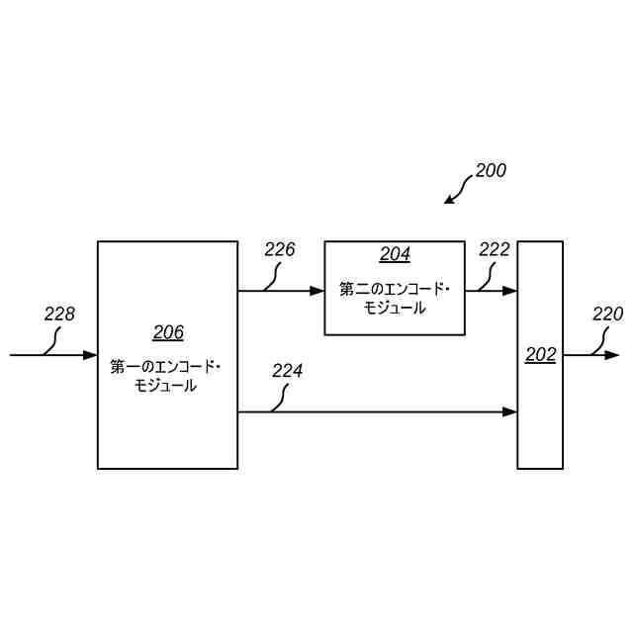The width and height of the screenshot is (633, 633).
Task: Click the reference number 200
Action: [491, 170]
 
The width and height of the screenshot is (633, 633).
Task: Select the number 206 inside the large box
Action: [168, 332]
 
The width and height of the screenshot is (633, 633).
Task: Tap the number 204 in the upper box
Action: [395, 255]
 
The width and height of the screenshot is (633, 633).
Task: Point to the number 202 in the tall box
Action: [540, 355]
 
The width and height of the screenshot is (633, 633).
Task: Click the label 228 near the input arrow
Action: [59, 315]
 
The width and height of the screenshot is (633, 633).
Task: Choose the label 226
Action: [280, 249]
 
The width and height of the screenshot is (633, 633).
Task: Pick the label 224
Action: [287, 371]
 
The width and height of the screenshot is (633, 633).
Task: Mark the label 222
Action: [494, 249]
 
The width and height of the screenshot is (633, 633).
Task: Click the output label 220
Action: [607, 315]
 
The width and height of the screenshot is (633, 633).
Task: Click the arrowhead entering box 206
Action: [90, 355]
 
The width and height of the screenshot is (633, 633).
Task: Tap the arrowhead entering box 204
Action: [317, 291]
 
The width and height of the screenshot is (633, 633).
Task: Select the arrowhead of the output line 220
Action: [612, 355]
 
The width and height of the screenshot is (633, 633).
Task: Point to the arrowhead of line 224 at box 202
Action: [510, 411]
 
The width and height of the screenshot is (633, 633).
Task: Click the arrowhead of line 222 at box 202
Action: [510, 291]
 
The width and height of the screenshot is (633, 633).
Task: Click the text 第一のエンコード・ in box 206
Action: [166, 367]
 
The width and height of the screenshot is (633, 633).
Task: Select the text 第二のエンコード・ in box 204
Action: [395, 289]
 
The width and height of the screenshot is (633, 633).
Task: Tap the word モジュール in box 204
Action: [395, 309]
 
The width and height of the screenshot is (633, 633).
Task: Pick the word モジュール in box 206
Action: [165, 387]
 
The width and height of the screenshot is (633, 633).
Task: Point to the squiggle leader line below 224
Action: [279, 398]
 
